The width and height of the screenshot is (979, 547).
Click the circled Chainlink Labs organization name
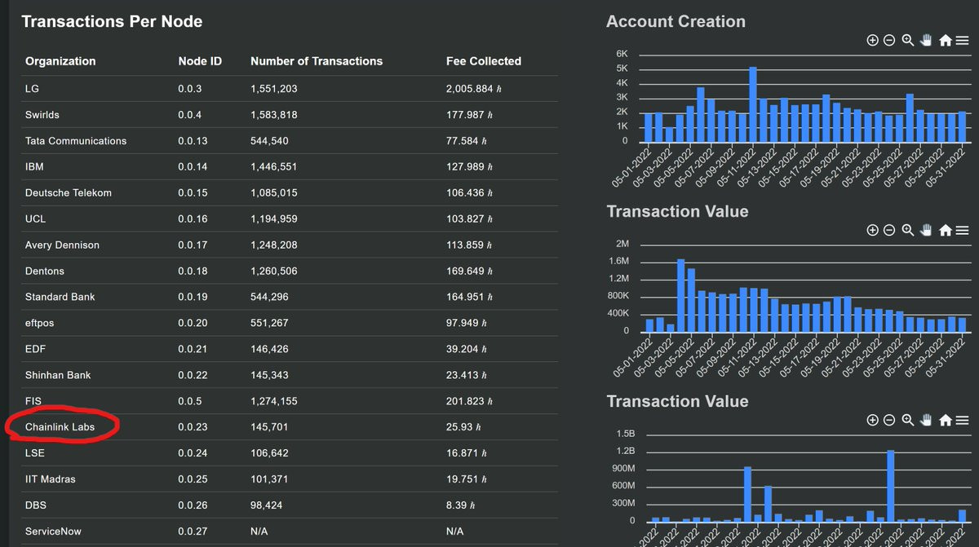(x=60, y=427)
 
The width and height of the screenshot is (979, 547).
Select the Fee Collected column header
(x=483, y=61)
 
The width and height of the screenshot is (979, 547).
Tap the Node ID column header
(x=200, y=61)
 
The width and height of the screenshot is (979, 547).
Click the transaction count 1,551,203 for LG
(x=273, y=89)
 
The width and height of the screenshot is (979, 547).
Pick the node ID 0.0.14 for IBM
(x=193, y=167)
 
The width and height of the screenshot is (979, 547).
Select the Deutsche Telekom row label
(x=69, y=193)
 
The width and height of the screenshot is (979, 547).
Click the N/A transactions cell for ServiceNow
(x=259, y=532)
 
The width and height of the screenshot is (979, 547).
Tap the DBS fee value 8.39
(x=460, y=505)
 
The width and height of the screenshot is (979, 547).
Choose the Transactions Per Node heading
(x=112, y=21)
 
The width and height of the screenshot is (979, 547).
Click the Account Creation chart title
(x=676, y=21)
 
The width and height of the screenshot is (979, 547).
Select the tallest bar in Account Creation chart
(x=752, y=104)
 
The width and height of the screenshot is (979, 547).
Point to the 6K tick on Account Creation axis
(x=622, y=54)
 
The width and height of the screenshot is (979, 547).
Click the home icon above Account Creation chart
(x=946, y=41)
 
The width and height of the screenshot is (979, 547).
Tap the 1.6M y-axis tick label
(x=619, y=261)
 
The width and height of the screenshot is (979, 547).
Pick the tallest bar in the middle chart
(x=680, y=296)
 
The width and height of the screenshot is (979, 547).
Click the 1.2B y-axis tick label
(x=626, y=451)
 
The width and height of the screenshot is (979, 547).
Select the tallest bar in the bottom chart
(x=890, y=486)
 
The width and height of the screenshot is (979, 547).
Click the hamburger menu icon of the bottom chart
(x=963, y=421)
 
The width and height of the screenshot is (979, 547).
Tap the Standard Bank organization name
(x=60, y=297)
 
